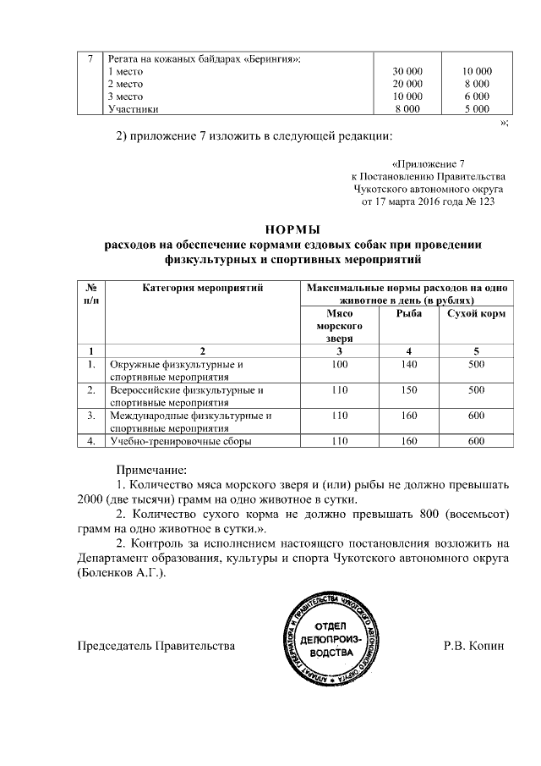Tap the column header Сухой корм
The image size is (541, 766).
[x=476, y=313]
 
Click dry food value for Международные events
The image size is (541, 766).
[x=476, y=416]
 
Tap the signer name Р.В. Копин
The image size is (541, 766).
[x=473, y=646]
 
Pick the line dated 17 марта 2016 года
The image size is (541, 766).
[x=428, y=202]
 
